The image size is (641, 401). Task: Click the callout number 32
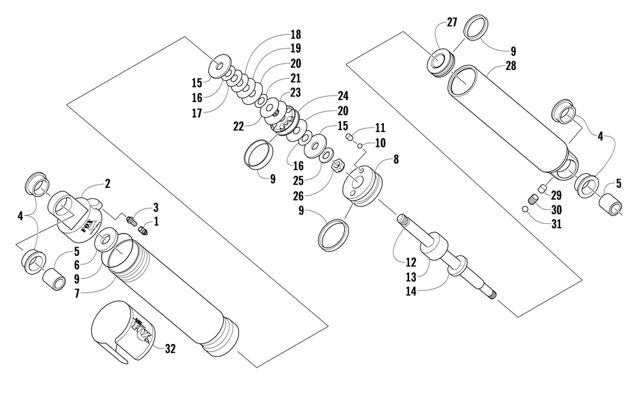(x=171, y=349)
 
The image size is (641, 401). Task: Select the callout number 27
(x=452, y=22)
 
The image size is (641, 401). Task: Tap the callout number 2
(x=107, y=183)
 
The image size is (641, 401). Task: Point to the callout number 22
(x=238, y=126)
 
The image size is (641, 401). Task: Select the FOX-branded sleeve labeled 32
(x=122, y=330)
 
